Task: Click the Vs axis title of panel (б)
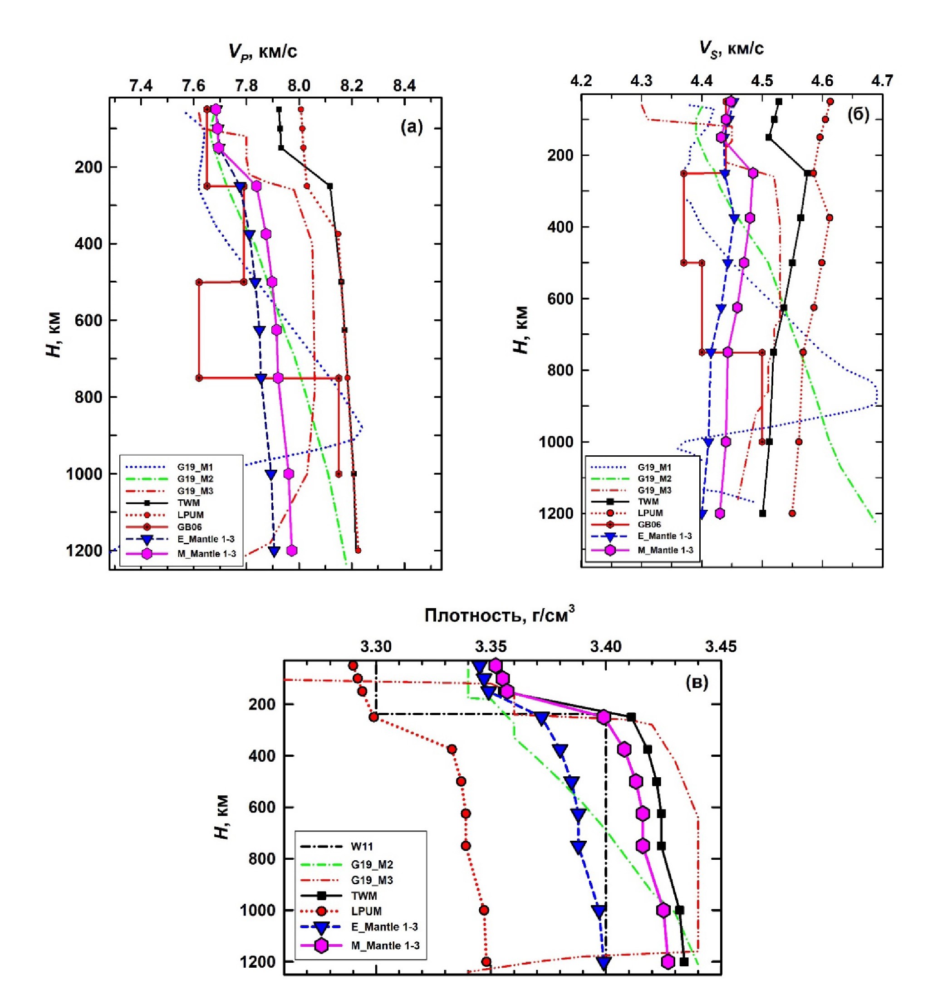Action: [x=731, y=49]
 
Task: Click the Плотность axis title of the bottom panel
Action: [x=499, y=614]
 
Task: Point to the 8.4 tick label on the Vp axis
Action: [x=404, y=87]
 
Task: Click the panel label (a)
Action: [x=412, y=127]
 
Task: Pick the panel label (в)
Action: [x=697, y=682]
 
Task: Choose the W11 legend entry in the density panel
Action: [x=362, y=847]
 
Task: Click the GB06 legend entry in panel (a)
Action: [x=190, y=526]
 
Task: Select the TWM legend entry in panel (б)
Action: [x=648, y=502]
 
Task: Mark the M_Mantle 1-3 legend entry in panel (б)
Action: [x=665, y=550]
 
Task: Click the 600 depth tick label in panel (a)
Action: [x=88, y=320]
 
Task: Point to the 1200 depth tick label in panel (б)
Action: [x=556, y=513]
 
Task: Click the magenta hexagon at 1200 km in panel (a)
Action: [x=292, y=551]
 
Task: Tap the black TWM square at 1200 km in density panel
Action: [x=684, y=961]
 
